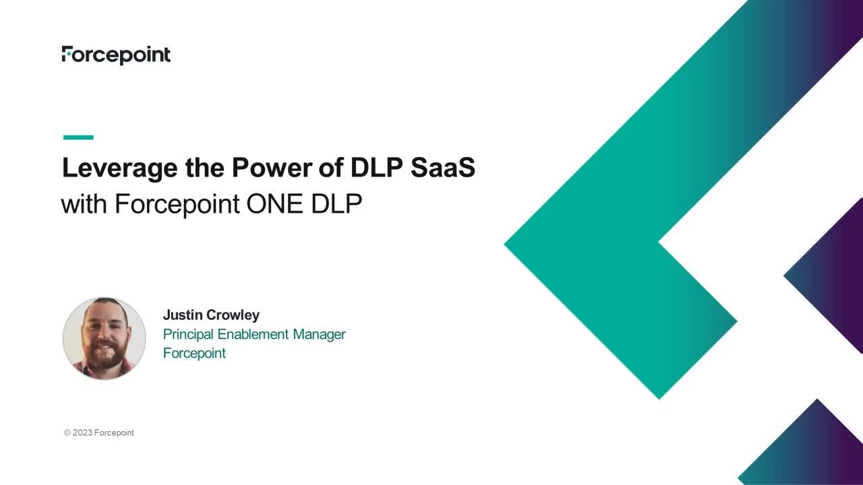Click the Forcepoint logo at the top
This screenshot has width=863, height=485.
tap(116, 55)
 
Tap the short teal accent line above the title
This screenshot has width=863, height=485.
tap(78, 137)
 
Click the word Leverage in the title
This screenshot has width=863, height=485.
tap(119, 168)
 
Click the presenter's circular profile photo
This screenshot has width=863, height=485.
tap(105, 338)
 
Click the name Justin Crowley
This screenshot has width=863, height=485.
tap(211, 315)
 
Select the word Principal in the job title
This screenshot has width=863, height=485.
tap(189, 334)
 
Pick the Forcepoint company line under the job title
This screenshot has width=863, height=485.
tap(194, 353)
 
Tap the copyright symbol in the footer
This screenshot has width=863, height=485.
tap(67, 433)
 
